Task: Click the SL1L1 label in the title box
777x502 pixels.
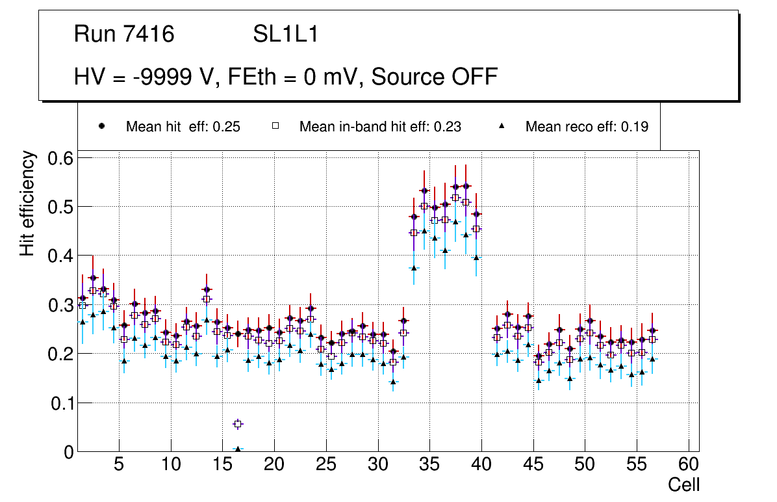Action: (x=285, y=34)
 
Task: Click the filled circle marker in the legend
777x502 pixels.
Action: (x=101, y=126)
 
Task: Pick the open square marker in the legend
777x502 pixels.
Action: (x=275, y=126)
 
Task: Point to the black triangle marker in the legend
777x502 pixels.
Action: (x=501, y=126)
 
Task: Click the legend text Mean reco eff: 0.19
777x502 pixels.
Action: (x=587, y=127)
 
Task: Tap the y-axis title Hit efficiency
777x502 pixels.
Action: (x=27, y=204)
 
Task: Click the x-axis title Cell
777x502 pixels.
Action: (x=684, y=484)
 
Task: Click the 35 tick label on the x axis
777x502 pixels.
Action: (x=429, y=465)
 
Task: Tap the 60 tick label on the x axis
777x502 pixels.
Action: (x=688, y=465)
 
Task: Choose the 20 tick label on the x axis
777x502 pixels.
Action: (x=274, y=465)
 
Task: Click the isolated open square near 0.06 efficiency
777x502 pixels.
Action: (x=238, y=424)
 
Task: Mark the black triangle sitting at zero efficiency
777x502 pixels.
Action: (x=238, y=449)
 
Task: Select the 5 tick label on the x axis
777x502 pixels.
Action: (x=118, y=465)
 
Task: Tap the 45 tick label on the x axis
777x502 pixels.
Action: (x=533, y=465)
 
